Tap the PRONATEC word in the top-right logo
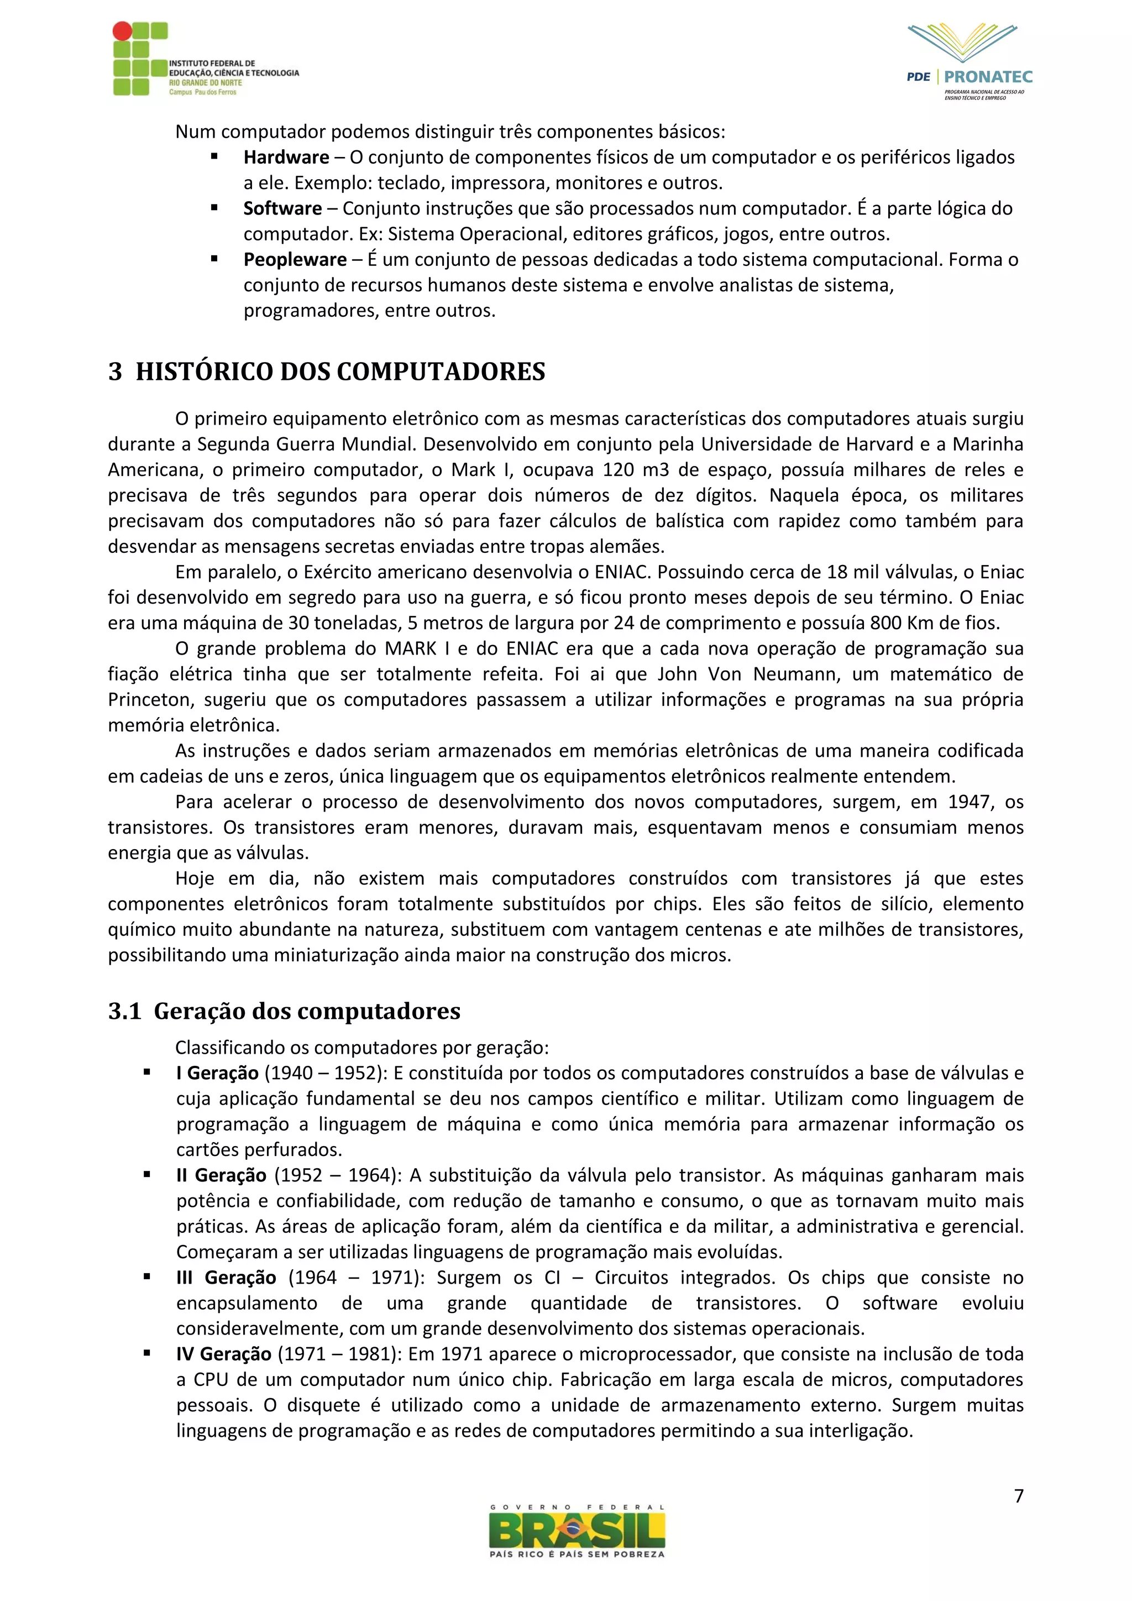(x=988, y=77)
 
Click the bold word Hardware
(x=286, y=158)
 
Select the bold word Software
(x=282, y=208)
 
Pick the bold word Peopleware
(x=295, y=259)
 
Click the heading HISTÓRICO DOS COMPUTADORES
(x=340, y=372)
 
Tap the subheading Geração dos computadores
(x=307, y=1011)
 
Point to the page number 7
(x=1018, y=1496)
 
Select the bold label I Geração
(x=217, y=1073)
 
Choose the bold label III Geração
(x=226, y=1278)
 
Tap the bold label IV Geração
(x=223, y=1354)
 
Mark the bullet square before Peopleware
(x=214, y=259)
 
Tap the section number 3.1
(x=125, y=1011)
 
